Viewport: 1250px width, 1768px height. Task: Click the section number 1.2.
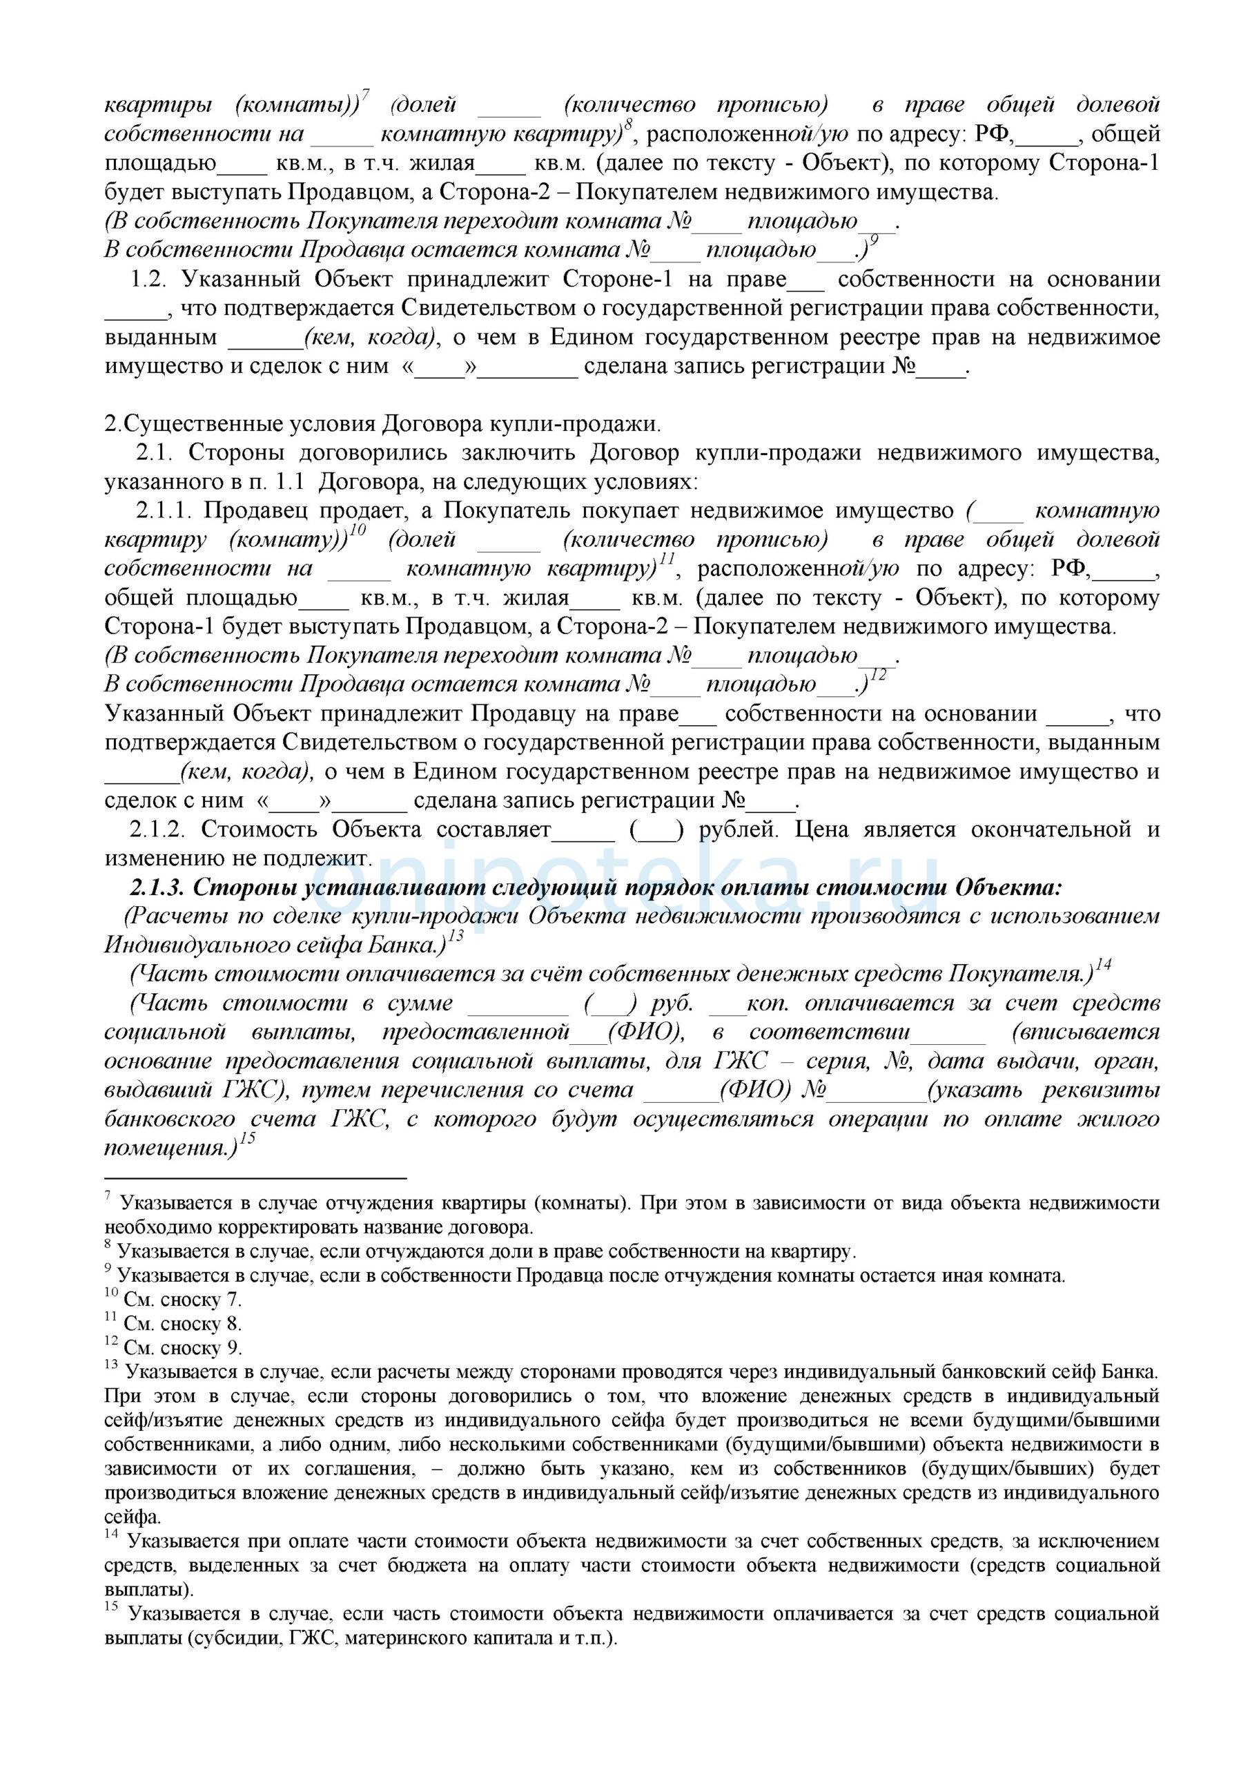148,280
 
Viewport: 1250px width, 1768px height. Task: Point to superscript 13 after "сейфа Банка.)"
456,936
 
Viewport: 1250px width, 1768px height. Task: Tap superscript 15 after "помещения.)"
247,1138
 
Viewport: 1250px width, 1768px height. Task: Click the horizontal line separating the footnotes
255,1178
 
